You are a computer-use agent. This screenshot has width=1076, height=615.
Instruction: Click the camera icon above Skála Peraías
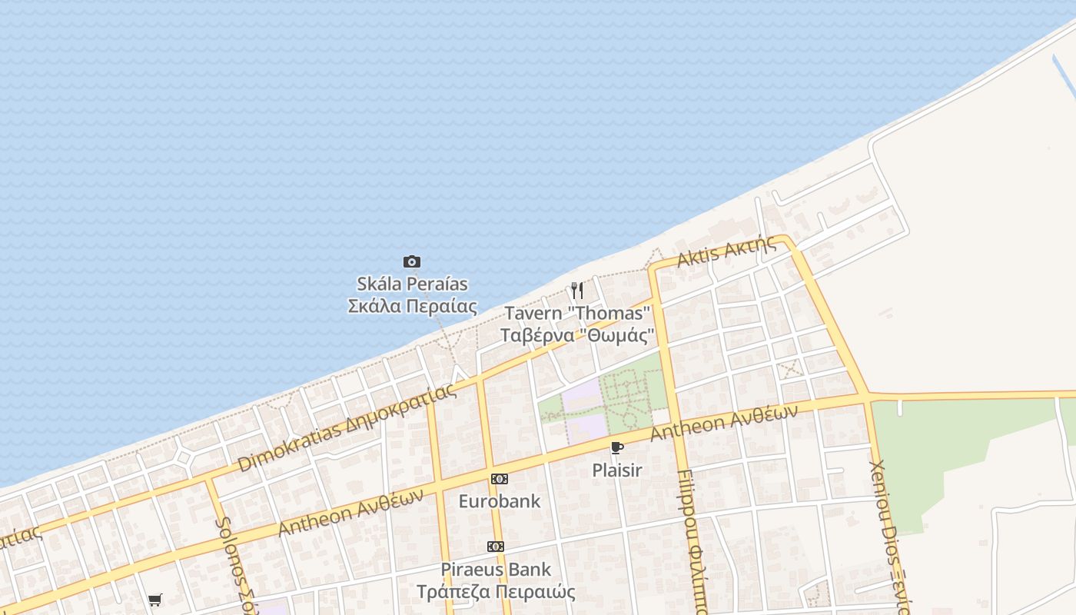412,262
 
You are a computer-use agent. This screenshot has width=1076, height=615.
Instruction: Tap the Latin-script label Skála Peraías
412,284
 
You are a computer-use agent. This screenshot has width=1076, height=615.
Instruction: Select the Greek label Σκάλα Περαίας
412,306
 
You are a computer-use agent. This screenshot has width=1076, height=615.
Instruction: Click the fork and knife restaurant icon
577,291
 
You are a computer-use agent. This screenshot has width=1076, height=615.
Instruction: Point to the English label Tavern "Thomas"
577,314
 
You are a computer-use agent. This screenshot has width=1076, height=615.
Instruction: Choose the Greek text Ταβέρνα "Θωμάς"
577,336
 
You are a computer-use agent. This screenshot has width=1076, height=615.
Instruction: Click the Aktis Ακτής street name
726,251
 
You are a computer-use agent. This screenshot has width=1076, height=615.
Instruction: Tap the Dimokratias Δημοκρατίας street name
347,427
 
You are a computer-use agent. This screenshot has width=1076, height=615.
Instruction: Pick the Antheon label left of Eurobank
350,512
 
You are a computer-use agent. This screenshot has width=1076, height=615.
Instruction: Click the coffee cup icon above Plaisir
616,448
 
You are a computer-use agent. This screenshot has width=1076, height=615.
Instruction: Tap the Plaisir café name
616,470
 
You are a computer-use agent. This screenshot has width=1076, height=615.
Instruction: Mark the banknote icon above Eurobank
500,479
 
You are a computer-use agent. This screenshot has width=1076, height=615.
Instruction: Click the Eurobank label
500,501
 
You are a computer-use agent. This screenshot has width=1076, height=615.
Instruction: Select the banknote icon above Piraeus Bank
496,547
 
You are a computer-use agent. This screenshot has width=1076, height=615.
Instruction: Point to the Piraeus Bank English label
496,570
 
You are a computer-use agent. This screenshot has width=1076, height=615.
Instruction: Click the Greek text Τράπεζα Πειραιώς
496,592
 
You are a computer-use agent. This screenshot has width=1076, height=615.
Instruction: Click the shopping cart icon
155,600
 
